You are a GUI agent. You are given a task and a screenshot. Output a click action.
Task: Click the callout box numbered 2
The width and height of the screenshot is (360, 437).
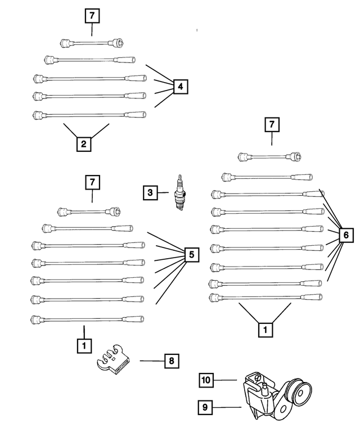pos(83,145)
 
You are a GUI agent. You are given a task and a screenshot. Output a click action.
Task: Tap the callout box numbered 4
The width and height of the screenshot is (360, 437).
pos(179,87)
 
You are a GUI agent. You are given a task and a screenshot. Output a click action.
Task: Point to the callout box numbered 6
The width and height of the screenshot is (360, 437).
pos(345,235)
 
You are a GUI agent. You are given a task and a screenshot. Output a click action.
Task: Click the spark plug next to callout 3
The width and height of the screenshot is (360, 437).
pos(180,193)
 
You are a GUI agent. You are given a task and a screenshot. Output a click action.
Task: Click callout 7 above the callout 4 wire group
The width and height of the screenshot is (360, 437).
pos(91,16)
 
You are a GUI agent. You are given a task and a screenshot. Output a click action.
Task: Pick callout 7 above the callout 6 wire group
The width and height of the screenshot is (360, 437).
pos(272,124)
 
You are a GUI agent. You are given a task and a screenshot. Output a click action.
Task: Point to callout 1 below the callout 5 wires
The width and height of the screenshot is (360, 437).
pos(83,345)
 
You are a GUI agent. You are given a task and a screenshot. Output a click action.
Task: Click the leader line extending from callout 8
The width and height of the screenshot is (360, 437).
pos(151,361)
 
